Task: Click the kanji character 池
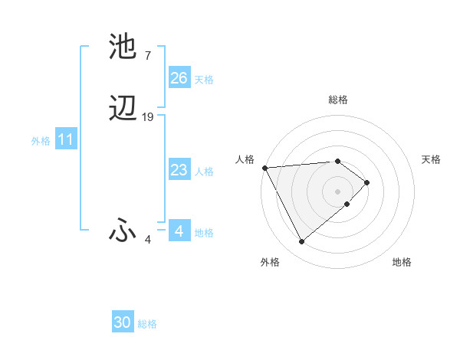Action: pyautogui.click(x=123, y=47)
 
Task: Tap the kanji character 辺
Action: pyautogui.click(x=123, y=109)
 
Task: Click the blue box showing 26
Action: pyautogui.click(x=179, y=78)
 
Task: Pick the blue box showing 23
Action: pyautogui.click(x=179, y=170)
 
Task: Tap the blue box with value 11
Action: pyautogui.click(x=66, y=140)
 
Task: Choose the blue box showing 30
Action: pyautogui.click(x=123, y=322)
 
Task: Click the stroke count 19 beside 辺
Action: pyautogui.click(x=148, y=117)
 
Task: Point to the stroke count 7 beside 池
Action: pyautogui.click(x=147, y=55)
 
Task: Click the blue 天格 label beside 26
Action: pyautogui.click(x=204, y=79)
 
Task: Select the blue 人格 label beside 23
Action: pyautogui.click(x=204, y=171)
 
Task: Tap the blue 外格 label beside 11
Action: pyautogui.click(x=40, y=141)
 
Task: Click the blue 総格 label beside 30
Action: pyautogui.click(x=147, y=324)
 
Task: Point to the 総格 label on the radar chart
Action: pyautogui.click(x=337, y=100)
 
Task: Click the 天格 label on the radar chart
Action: pyautogui.click(x=431, y=159)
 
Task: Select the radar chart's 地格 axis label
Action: pyautogui.click(x=402, y=262)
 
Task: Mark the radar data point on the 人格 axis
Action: pyautogui.click(x=264, y=168)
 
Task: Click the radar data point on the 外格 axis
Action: pyautogui.click(x=301, y=242)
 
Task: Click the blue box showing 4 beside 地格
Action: pyautogui.click(x=179, y=231)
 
